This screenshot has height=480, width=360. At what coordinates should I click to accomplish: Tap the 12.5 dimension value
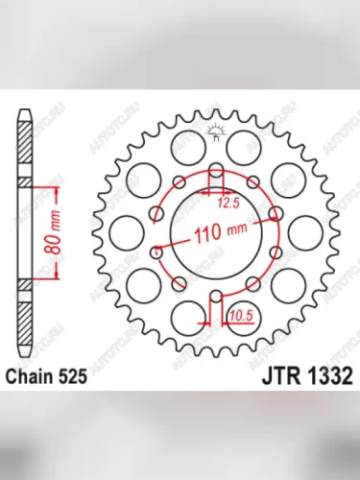(227, 204)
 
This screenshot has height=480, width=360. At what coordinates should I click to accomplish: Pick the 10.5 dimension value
(240, 312)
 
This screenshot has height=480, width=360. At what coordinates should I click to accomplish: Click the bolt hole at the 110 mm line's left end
(157, 253)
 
